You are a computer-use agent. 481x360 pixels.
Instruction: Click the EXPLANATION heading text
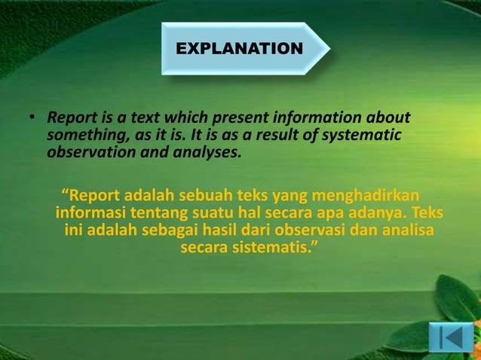click(x=239, y=49)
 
